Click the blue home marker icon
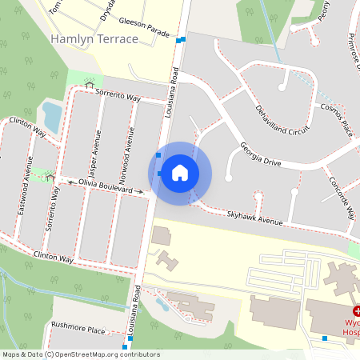[179, 173]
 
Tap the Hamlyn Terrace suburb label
[93, 38]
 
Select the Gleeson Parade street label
[144, 29]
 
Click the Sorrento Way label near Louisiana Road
[118, 97]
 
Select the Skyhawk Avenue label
[255, 217]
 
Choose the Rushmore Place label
[78, 328]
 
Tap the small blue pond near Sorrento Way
[51, 117]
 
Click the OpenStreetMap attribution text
[81, 354]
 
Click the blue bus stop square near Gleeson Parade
[183, 40]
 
